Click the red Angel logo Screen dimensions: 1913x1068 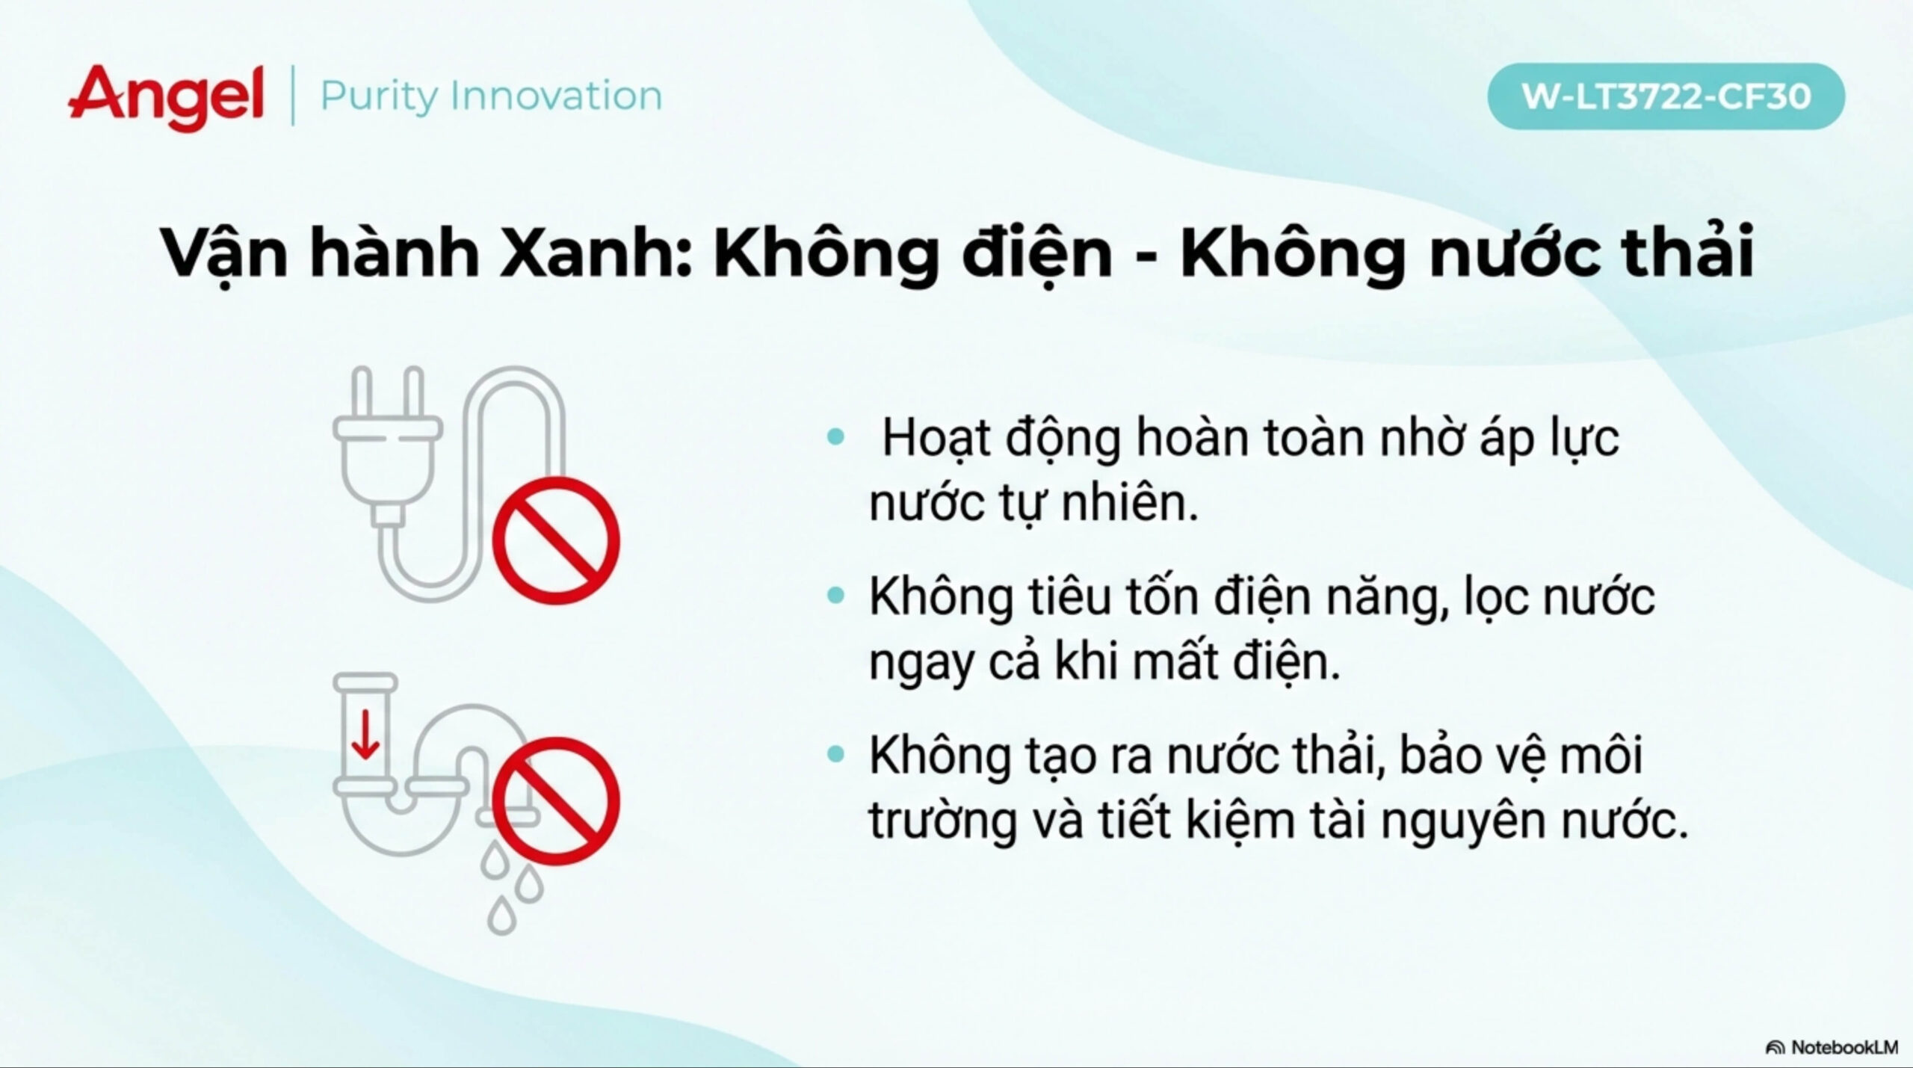[x=166, y=99]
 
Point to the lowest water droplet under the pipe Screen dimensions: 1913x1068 [x=502, y=916]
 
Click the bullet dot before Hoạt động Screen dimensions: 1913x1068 [x=836, y=436]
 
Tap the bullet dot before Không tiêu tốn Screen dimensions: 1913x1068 [x=836, y=596]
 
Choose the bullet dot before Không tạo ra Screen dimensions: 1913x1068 [x=836, y=755]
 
